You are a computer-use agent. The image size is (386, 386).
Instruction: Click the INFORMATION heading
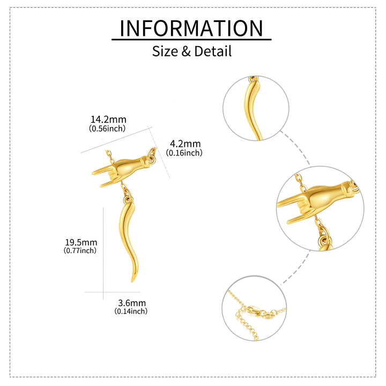tap(191, 28)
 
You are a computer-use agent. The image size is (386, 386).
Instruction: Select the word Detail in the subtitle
tap(213, 51)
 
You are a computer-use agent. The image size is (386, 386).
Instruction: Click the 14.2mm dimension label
tap(108, 120)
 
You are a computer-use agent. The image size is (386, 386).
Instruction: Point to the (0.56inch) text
tap(107, 128)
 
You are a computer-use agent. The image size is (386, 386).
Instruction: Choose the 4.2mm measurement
tap(185, 144)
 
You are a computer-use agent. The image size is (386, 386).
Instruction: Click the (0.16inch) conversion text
tap(184, 153)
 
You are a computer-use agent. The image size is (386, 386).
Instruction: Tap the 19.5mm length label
tap(81, 242)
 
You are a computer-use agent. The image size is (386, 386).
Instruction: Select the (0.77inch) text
tap(80, 250)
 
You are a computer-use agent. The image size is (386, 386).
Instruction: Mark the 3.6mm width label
tap(132, 303)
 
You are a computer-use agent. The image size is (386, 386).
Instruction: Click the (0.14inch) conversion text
tap(131, 311)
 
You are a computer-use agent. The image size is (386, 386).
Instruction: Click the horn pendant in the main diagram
tap(129, 239)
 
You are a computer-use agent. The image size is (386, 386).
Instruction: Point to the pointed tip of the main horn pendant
tap(132, 282)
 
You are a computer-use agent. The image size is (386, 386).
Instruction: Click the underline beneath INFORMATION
tap(191, 39)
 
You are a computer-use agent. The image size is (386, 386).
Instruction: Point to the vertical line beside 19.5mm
tap(103, 254)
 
